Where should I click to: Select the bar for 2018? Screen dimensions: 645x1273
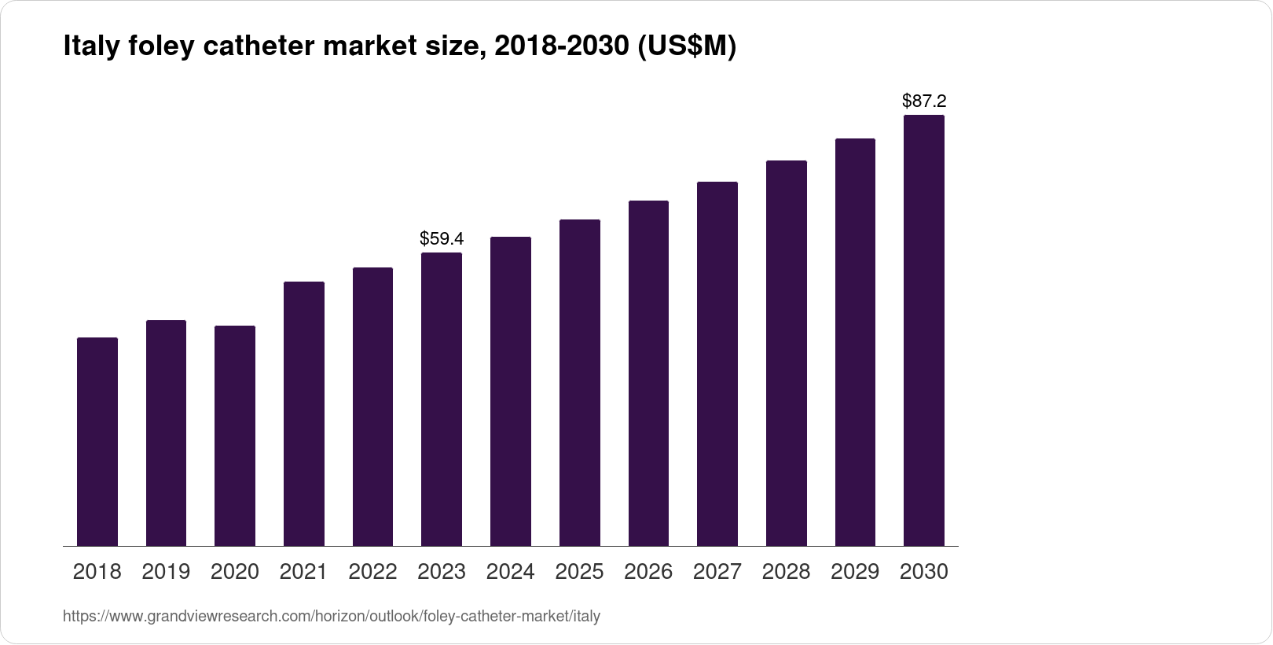(x=97, y=441)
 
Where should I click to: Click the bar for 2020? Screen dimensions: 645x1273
(x=235, y=436)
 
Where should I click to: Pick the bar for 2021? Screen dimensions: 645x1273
(x=304, y=414)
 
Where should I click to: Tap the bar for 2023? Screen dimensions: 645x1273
(x=442, y=399)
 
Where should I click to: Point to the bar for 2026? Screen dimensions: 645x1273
(x=648, y=373)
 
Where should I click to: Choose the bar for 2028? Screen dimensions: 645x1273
(x=787, y=353)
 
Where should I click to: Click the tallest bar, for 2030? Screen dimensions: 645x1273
(x=924, y=330)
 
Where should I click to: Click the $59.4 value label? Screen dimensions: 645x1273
(x=442, y=238)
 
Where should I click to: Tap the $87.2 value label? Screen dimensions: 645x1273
(x=924, y=101)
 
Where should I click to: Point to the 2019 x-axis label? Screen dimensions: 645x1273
(x=166, y=572)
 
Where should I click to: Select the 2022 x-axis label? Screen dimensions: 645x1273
(x=372, y=572)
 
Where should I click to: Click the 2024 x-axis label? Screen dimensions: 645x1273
(x=511, y=572)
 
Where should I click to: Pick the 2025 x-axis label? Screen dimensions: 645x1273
(x=579, y=572)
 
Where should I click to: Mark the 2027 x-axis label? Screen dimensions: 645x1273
(x=717, y=572)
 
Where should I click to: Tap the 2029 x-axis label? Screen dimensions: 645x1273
(x=855, y=572)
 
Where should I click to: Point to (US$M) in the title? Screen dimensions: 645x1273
(x=686, y=47)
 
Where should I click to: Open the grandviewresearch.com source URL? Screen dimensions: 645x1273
(x=332, y=617)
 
